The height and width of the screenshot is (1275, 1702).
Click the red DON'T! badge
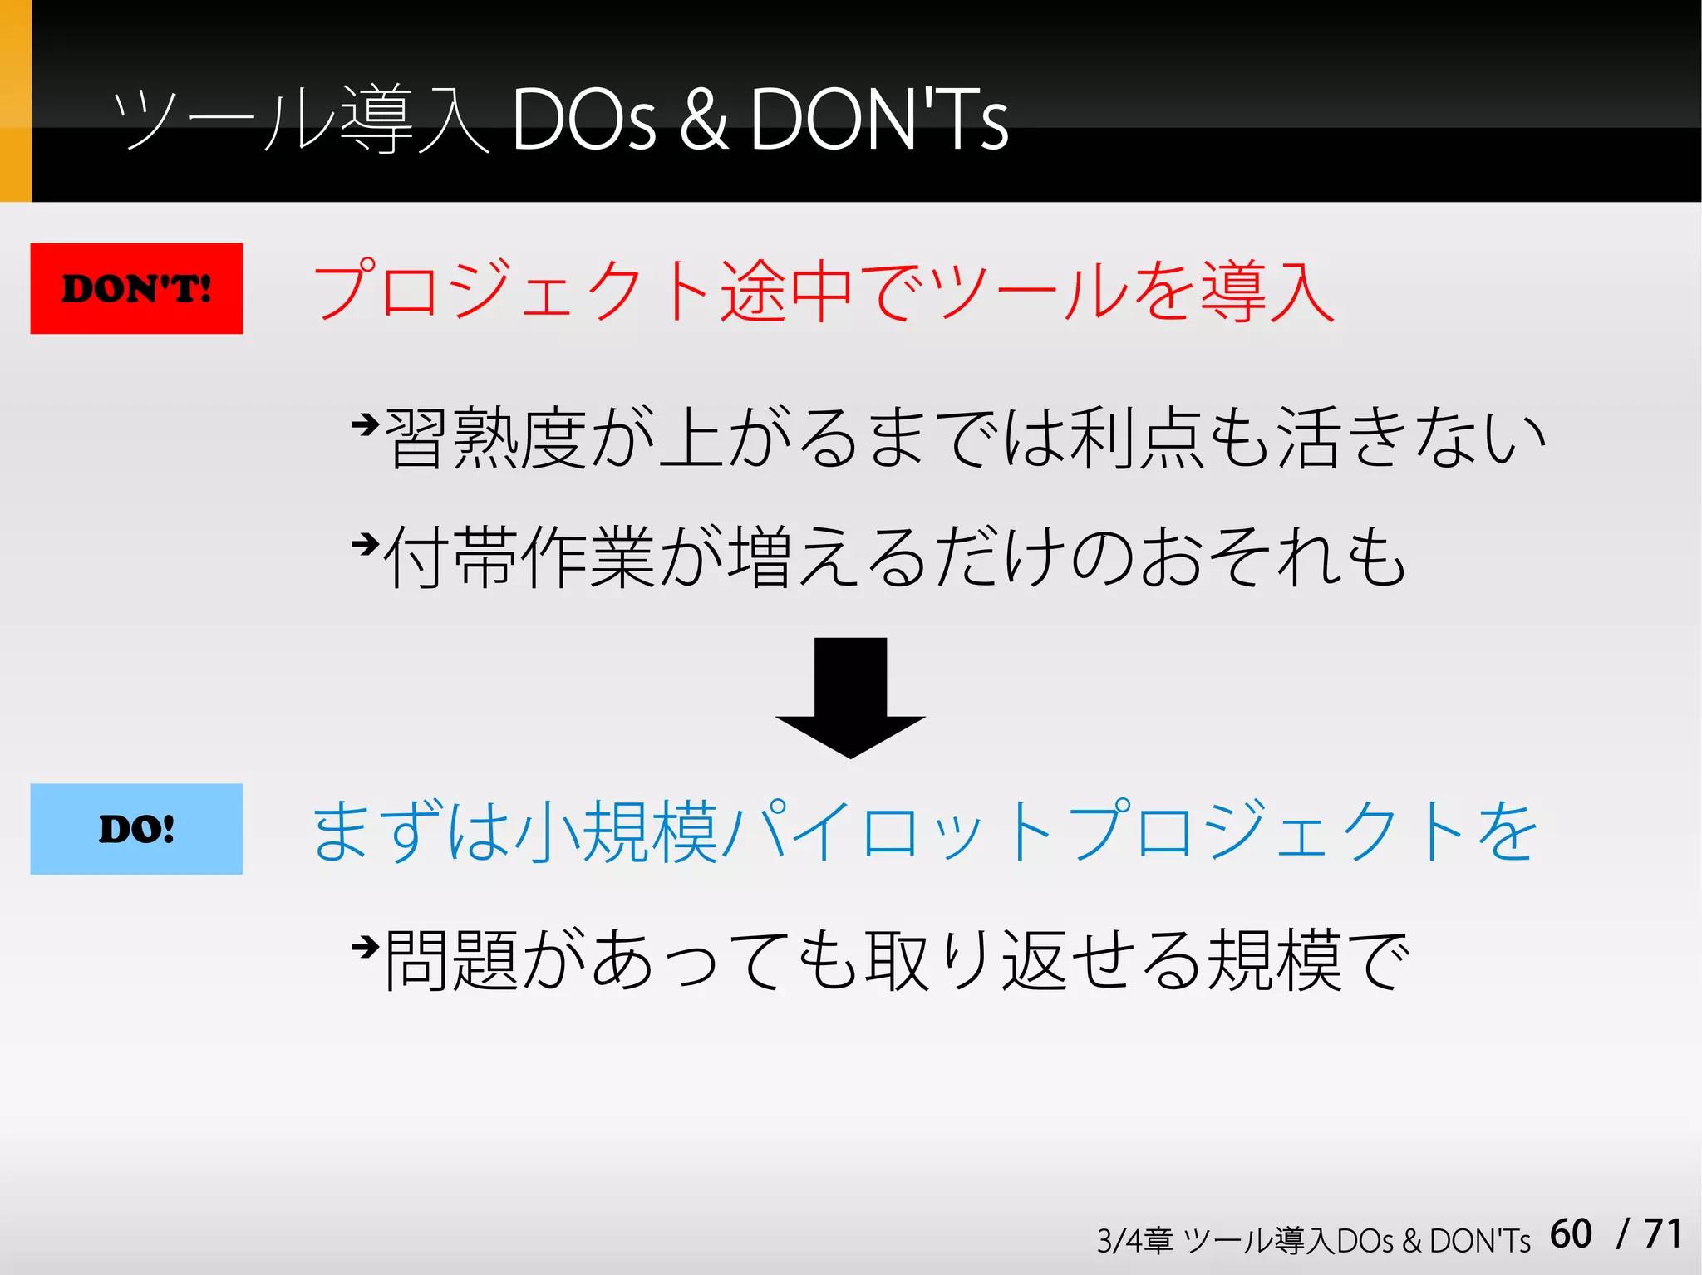pyautogui.click(x=136, y=288)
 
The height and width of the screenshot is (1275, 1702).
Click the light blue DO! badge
pyautogui.click(x=136, y=829)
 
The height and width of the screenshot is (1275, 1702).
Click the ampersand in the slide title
pyautogui.click(x=703, y=120)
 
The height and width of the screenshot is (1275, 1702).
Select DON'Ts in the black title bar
pyautogui.click(x=879, y=120)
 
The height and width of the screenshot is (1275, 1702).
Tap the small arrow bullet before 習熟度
pyautogui.click(x=365, y=425)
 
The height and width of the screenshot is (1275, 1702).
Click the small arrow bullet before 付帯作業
pyautogui.click(x=365, y=545)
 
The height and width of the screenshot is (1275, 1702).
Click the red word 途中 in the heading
pyautogui.click(x=786, y=291)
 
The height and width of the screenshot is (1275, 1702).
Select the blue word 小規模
pyautogui.click(x=616, y=831)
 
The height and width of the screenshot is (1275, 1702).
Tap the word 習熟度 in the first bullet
pyautogui.click(x=487, y=438)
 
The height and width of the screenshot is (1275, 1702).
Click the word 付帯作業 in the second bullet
pyautogui.click(x=520, y=557)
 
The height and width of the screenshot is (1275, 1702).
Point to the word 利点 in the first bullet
pyautogui.click(x=1138, y=438)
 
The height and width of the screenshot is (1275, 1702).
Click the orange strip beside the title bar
pyautogui.click(x=15, y=101)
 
